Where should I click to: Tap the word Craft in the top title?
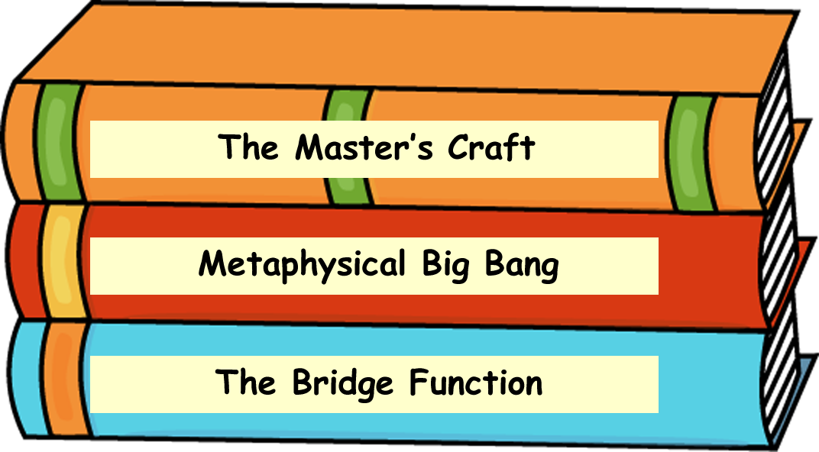tap(491, 147)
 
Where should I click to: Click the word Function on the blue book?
tap(476, 383)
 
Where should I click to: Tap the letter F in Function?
tap(418, 383)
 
